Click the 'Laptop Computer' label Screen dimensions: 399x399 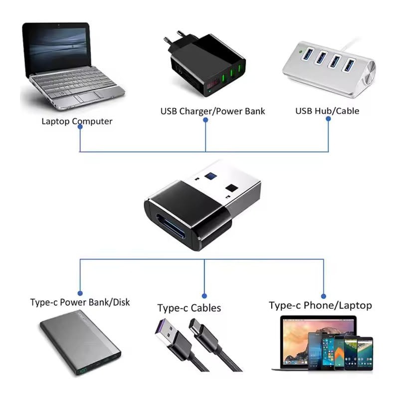pyautogui.click(x=77, y=121)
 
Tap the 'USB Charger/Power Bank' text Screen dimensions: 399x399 pyautogui.click(x=212, y=111)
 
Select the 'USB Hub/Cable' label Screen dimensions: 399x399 pyautogui.click(x=327, y=111)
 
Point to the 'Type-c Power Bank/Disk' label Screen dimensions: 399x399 pyautogui.click(x=80, y=302)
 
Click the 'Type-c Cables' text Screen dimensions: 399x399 pyautogui.click(x=189, y=308)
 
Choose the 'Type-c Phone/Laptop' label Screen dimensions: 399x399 pyautogui.click(x=320, y=305)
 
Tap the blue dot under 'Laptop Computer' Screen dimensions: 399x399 pyautogui.click(x=80, y=127)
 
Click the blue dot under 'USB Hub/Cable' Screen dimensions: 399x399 pyautogui.click(x=329, y=119)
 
